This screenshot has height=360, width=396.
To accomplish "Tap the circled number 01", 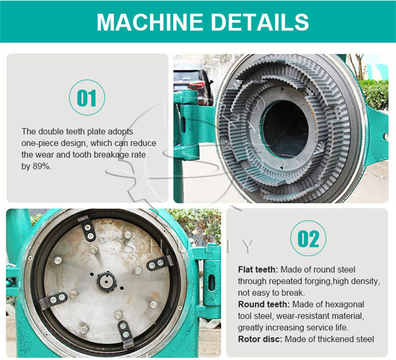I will [87, 98].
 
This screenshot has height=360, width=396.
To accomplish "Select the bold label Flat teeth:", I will [258, 270].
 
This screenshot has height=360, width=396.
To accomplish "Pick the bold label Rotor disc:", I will [260, 339].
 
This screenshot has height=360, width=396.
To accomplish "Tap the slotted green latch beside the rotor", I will [211, 282].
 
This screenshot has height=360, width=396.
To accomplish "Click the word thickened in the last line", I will [335, 339].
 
